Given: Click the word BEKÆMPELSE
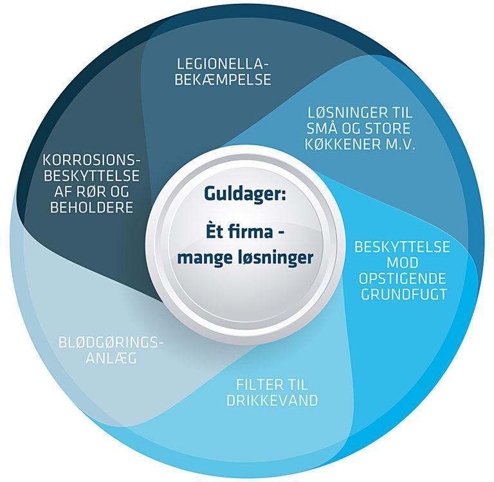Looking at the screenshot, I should tap(224, 80).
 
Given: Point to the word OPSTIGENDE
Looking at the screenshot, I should tap(403, 280).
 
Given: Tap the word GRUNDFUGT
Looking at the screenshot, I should tap(403, 295).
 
